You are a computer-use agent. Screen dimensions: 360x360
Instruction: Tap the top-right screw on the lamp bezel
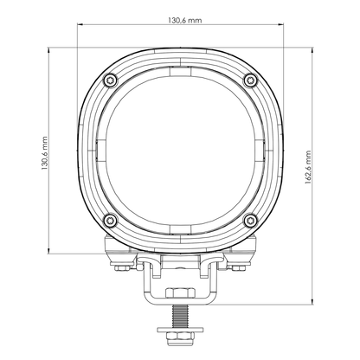(251, 80)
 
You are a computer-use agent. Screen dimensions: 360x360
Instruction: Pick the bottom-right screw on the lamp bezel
(251, 217)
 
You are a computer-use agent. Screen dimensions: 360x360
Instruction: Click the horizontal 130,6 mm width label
(180, 18)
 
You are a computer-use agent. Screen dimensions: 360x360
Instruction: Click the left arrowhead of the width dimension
(82, 26)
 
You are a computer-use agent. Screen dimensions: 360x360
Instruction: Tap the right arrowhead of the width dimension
(279, 26)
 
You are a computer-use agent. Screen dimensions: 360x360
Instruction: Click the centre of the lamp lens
(180, 149)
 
